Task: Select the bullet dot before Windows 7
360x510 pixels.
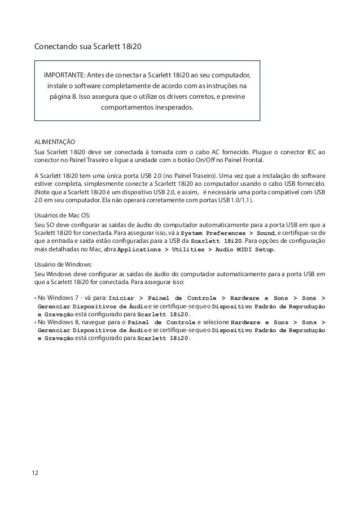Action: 36,297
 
